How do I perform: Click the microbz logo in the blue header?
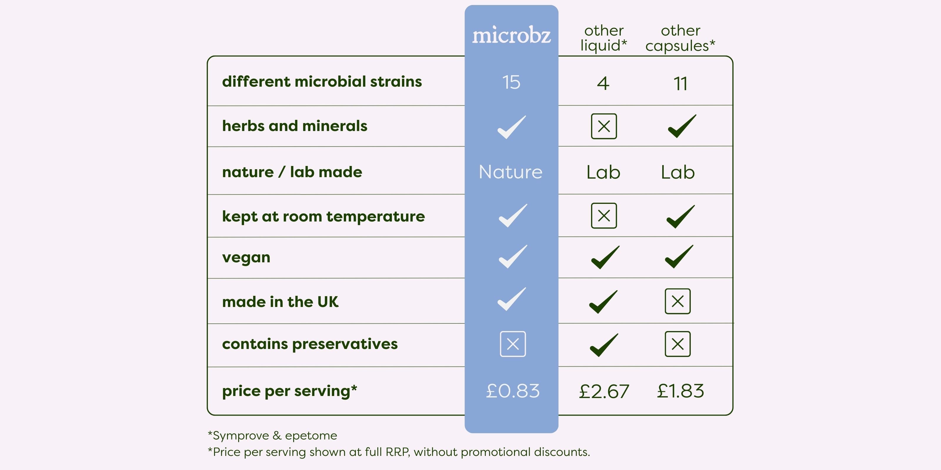coord(511,35)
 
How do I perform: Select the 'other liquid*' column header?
coord(604,38)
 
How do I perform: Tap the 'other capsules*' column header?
coord(680,38)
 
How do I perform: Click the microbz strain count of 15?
coord(511,82)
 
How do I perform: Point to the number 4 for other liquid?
coord(603,83)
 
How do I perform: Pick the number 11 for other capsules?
coord(680,83)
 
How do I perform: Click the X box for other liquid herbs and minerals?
coord(604,126)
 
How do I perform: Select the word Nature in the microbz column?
coord(511,172)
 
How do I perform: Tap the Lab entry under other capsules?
coord(678,172)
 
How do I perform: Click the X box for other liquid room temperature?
coord(604,216)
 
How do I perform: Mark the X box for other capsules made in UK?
coord(678,301)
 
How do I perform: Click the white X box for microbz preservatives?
coord(513,344)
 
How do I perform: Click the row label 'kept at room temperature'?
coord(323,216)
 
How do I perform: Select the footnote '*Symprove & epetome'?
coord(272,435)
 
